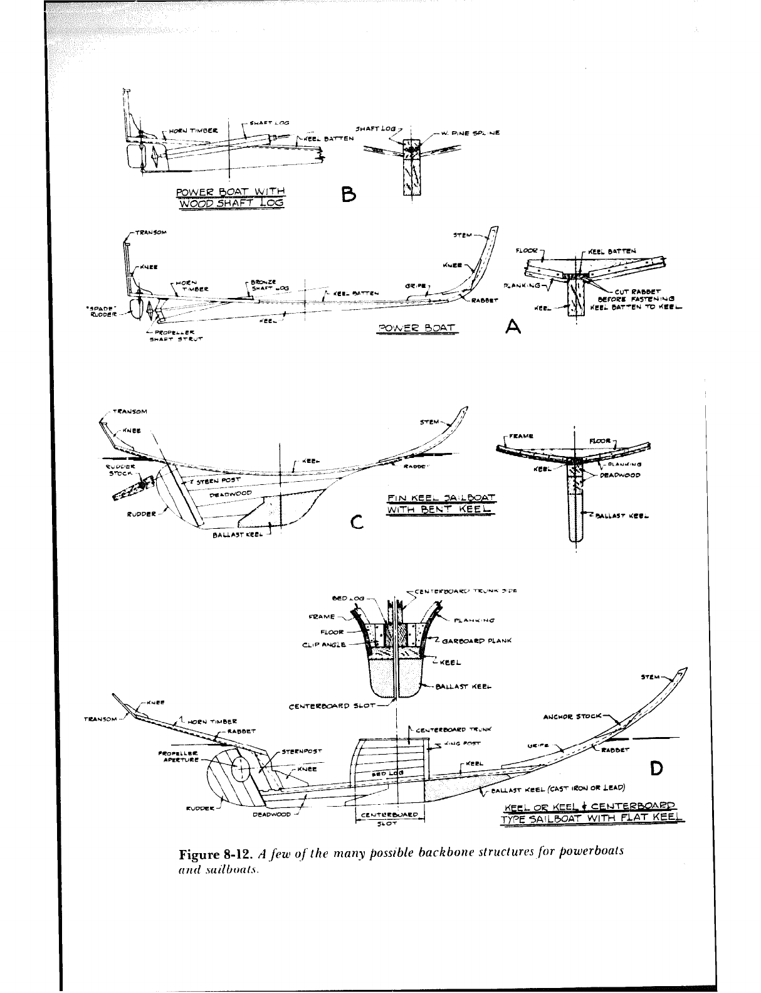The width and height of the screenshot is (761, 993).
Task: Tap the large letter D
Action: click(x=656, y=768)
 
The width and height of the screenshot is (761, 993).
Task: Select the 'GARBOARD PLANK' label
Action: click(x=477, y=640)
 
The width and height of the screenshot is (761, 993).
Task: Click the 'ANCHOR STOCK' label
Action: click(x=572, y=715)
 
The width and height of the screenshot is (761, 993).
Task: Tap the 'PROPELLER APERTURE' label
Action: click(x=179, y=755)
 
